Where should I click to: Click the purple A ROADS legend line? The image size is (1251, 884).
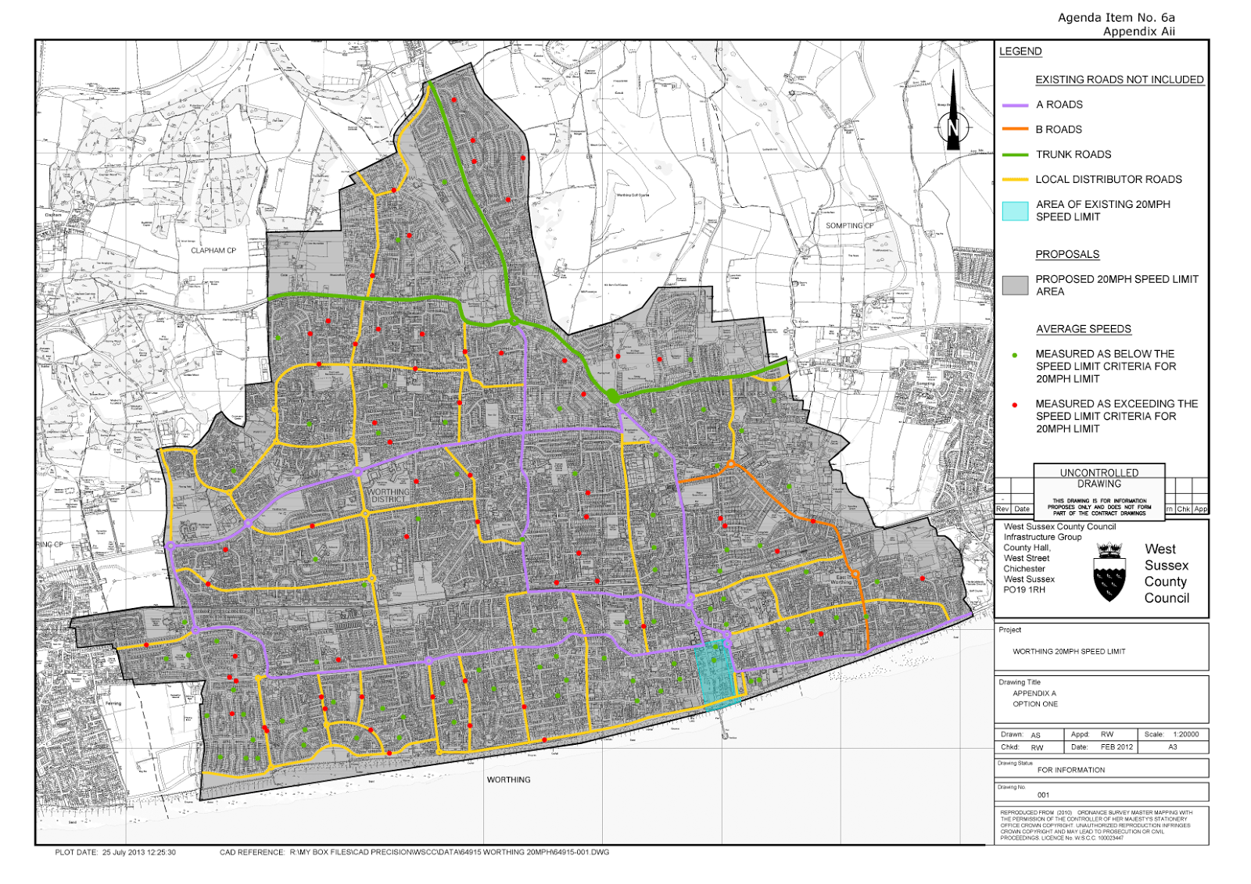pos(1015,105)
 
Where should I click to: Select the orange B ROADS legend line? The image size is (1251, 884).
pos(1015,130)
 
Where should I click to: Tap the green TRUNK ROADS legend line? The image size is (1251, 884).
pos(1015,155)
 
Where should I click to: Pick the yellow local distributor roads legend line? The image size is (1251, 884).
pos(1015,180)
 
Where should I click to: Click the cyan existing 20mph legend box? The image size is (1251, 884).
pos(1015,210)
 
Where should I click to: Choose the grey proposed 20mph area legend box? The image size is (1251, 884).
pos(1015,285)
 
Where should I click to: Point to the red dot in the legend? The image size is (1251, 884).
pos(1015,405)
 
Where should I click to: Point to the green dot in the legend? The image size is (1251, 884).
pos(1015,355)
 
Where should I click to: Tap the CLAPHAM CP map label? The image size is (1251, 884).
pos(213,251)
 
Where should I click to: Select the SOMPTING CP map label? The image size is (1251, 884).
pos(850,226)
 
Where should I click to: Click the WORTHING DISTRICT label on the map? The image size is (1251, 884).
pos(389,496)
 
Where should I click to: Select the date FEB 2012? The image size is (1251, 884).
pos(1117,747)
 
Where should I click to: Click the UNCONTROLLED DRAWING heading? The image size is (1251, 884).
pos(1099,478)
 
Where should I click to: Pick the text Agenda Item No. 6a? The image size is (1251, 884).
pos(1116,18)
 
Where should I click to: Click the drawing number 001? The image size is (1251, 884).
pos(1043,795)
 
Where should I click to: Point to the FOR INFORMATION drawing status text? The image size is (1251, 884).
pos(1071,770)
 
